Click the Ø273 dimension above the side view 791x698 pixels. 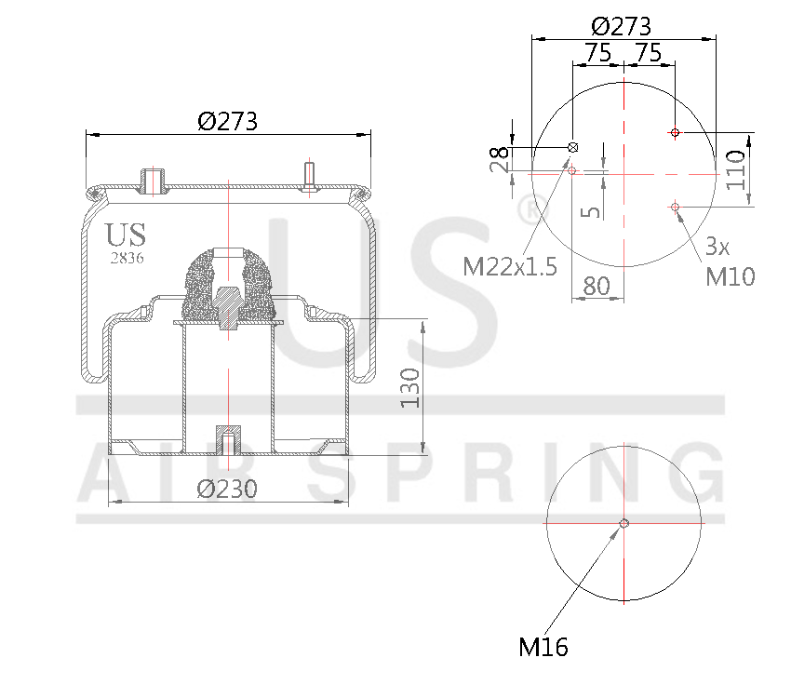pyautogui.click(x=227, y=121)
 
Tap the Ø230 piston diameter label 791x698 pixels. pyautogui.click(x=227, y=489)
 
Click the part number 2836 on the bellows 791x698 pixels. pyautogui.click(x=126, y=259)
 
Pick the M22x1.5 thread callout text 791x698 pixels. pyautogui.click(x=510, y=268)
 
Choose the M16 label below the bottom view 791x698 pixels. pyautogui.click(x=543, y=647)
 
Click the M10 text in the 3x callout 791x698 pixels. pyautogui.click(x=730, y=276)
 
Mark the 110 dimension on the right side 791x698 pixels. pyautogui.click(x=737, y=169)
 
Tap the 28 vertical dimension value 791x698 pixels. pyautogui.click(x=501, y=160)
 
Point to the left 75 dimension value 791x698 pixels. pyautogui.click(x=597, y=53)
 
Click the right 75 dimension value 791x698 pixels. pyautogui.click(x=649, y=53)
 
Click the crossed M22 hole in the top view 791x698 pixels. pyautogui.click(x=573, y=147)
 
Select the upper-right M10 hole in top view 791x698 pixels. pyautogui.click(x=676, y=133)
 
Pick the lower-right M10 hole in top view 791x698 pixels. pyautogui.click(x=676, y=207)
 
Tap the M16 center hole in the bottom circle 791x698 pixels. pyautogui.click(x=624, y=523)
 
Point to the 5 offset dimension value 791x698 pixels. pyautogui.click(x=590, y=210)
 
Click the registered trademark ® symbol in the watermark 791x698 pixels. pyautogui.click(x=531, y=209)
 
